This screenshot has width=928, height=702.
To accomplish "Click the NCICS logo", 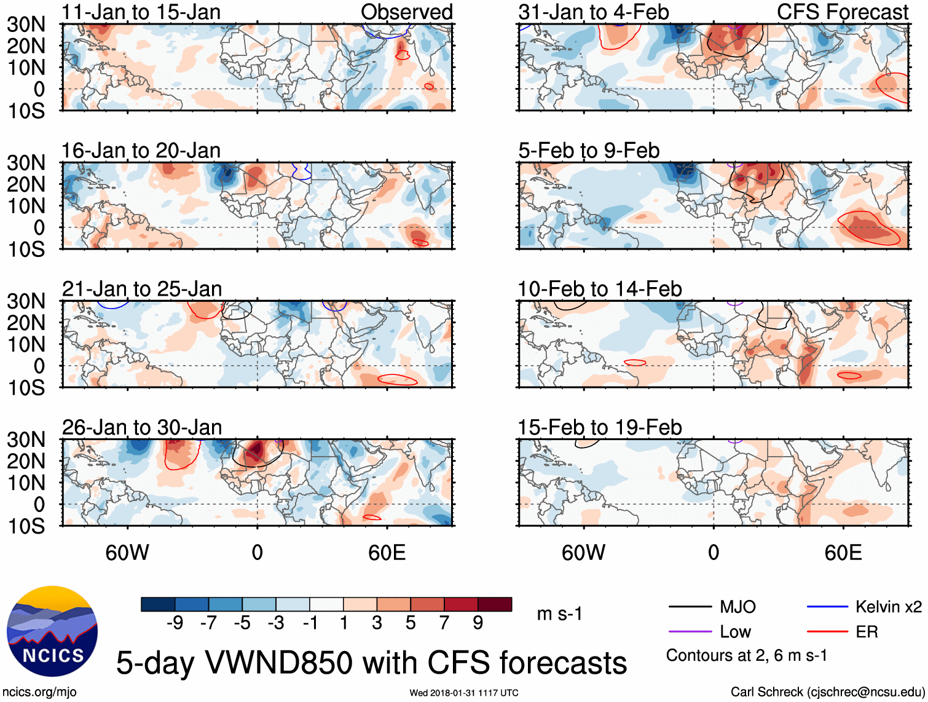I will pyautogui.click(x=52, y=631).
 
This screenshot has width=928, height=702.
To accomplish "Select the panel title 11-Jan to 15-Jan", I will pyautogui.click(x=141, y=12).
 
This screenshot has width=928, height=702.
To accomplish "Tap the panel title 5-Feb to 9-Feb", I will pyautogui.click(x=589, y=151).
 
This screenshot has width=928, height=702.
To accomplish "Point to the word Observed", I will pyautogui.click(x=406, y=12).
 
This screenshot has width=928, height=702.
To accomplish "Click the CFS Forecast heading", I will pyautogui.click(x=842, y=12).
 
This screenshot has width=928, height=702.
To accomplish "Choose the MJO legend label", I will pyautogui.click(x=737, y=607).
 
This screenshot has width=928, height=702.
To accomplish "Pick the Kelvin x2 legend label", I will pyautogui.click(x=888, y=607).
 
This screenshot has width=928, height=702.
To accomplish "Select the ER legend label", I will pyautogui.click(x=867, y=632).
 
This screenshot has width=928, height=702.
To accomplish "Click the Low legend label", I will pyautogui.click(x=735, y=632).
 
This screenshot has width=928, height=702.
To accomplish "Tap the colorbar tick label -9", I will pyautogui.click(x=175, y=623).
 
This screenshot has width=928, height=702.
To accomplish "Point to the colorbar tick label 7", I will pyautogui.click(x=444, y=623).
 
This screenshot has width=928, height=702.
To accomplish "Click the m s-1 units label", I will pyautogui.click(x=559, y=614).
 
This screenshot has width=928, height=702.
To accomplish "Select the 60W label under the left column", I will pyautogui.click(x=127, y=553).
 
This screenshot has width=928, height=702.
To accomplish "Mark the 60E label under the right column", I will pyautogui.click(x=843, y=553).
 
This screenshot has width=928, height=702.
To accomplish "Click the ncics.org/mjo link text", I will pyautogui.click(x=39, y=692).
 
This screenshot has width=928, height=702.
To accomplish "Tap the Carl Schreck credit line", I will pyautogui.click(x=827, y=692).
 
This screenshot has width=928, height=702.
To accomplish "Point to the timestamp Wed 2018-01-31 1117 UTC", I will pyautogui.click(x=464, y=693).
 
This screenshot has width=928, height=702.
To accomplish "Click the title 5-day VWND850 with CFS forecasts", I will pyautogui.click(x=371, y=663).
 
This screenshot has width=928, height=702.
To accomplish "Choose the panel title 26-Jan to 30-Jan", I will pyautogui.click(x=141, y=427).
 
